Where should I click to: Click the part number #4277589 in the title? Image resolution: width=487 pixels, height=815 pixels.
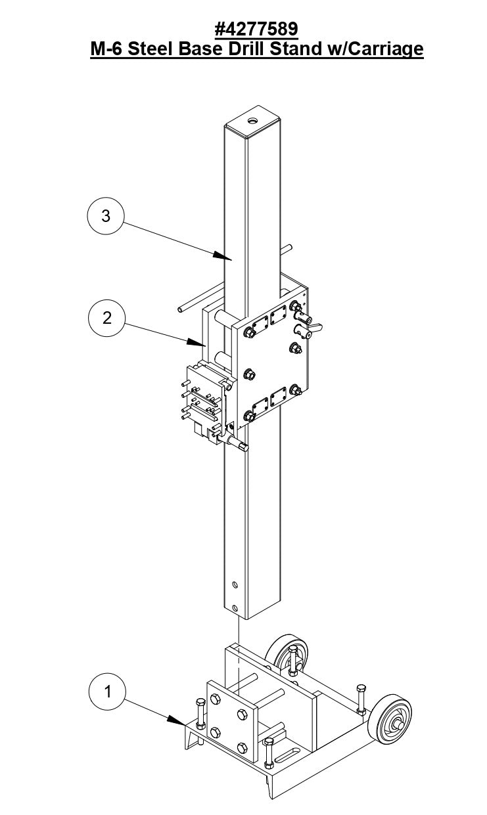[x=256, y=29]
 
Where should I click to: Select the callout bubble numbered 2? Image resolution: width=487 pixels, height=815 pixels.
[x=106, y=319]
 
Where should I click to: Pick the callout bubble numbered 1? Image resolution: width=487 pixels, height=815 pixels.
[x=106, y=691]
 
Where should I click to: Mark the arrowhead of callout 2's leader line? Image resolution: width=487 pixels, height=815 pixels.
[x=202, y=343]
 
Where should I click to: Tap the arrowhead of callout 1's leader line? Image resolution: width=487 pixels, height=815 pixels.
[x=183, y=722]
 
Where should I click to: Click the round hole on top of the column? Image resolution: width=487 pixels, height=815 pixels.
[x=254, y=121]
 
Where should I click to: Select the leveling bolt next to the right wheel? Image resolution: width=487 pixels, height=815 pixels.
[x=361, y=699]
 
